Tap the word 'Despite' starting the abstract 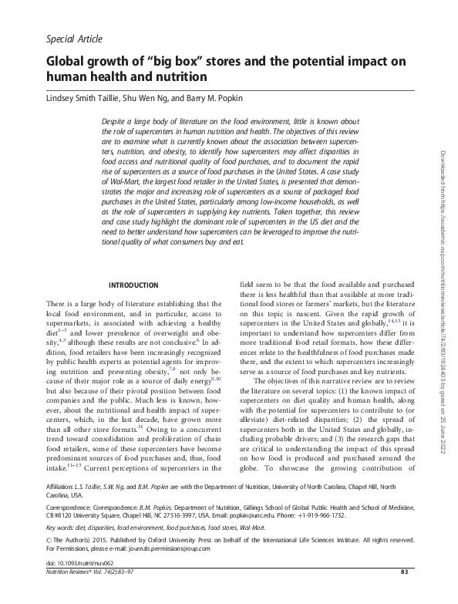coord(116,122)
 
